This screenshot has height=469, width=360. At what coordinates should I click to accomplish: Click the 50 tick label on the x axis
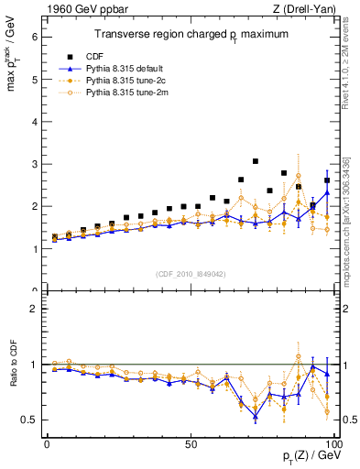(191, 442)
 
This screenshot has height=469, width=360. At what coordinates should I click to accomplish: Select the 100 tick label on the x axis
(333, 442)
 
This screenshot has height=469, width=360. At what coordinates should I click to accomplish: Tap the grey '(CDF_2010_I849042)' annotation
(191, 273)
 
